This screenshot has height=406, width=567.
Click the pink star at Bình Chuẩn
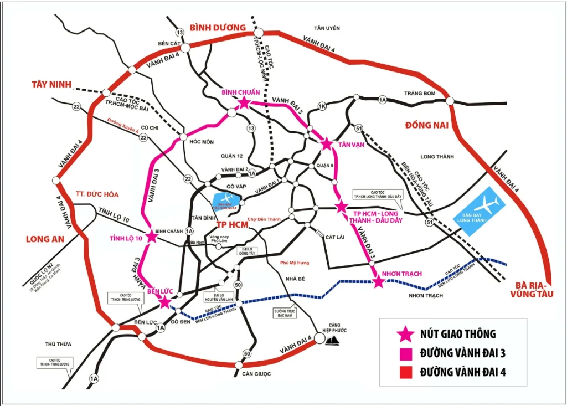(243, 102)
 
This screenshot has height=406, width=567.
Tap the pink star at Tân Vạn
(327, 144)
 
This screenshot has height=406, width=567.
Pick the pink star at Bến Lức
(164, 301)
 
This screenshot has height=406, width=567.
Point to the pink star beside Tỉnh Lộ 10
(151, 237)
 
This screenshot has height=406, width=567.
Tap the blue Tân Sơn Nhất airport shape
(228, 202)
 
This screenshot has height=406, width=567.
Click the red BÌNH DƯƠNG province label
(217, 27)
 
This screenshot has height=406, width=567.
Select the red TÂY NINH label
(52, 84)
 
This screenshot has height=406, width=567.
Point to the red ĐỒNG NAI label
(425, 125)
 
